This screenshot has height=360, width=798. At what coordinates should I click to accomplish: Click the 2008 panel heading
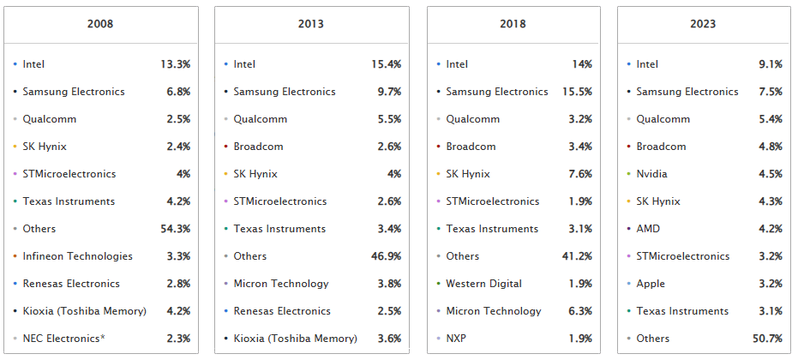click(x=100, y=24)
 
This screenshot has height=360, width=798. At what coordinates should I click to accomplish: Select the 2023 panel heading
click(x=703, y=24)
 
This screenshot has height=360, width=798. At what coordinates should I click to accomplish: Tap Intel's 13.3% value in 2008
click(x=175, y=64)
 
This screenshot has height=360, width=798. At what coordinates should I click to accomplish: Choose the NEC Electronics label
click(x=61, y=339)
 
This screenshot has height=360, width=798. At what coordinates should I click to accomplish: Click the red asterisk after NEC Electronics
click(x=103, y=338)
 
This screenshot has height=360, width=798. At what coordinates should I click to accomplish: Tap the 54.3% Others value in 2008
click(x=175, y=229)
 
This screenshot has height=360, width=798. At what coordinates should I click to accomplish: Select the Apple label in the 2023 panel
click(x=651, y=284)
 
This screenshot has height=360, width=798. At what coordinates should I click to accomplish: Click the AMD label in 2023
click(x=649, y=229)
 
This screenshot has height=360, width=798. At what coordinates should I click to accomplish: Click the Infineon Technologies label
click(x=78, y=256)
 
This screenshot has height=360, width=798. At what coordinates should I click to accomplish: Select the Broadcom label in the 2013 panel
click(x=259, y=147)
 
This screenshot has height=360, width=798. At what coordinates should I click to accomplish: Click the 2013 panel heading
click(x=310, y=24)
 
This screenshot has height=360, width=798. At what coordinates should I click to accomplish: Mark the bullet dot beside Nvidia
click(x=629, y=174)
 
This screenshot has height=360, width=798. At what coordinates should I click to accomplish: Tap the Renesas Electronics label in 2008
click(x=71, y=284)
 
